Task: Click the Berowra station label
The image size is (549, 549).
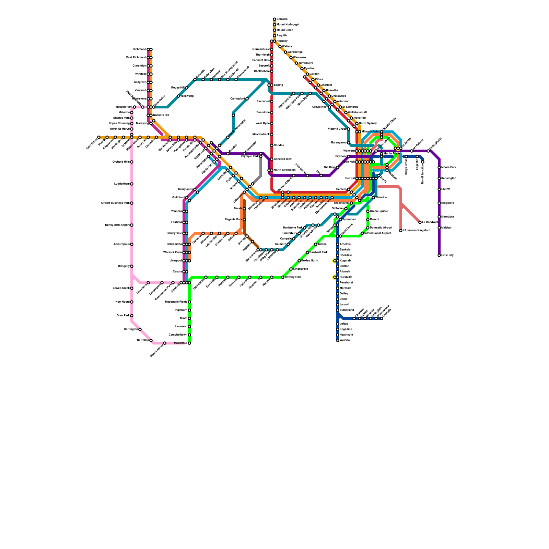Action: pos(282,19)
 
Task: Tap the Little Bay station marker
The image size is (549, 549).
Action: pos(439,255)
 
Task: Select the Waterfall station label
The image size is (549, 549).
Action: pos(345,340)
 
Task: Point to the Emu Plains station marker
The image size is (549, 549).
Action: pos(99,137)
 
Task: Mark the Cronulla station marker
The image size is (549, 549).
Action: pos(382,318)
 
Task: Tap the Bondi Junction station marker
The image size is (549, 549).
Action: pos(423,162)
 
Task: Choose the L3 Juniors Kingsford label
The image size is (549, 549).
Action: pos(416,231)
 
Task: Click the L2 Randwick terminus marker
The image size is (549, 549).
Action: pos(420,222)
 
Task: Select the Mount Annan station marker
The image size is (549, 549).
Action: pos(165,343)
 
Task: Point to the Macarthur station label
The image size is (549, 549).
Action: pos(180,343)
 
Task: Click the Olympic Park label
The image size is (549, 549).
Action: pos(250,156)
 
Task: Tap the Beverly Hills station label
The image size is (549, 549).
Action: pos(293,277)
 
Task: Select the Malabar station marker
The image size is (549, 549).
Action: pos(439,228)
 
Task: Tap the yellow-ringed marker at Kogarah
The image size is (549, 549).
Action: pos(335,261)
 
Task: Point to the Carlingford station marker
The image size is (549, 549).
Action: pos(247,99)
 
